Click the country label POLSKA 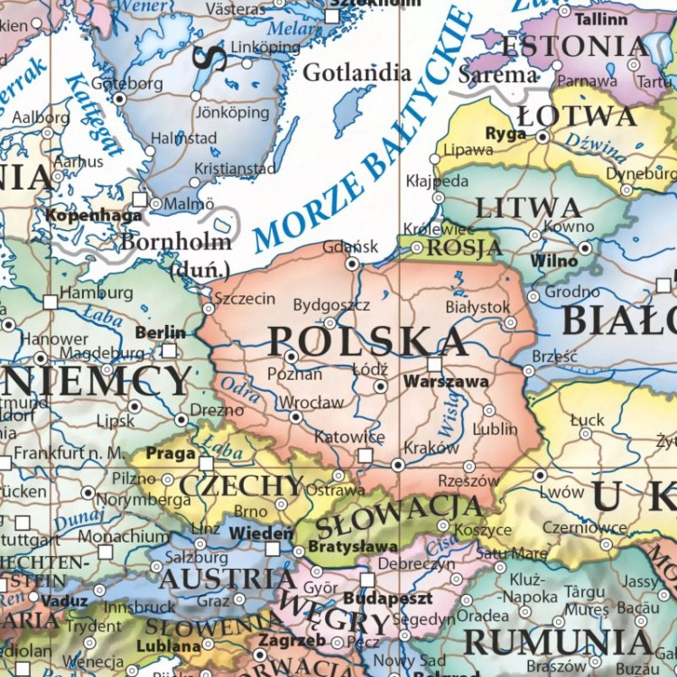click(x=368, y=341)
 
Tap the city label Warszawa click(x=446, y=382)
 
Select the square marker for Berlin click(x=169, y=350)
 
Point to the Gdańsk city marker click(x=352, y=264)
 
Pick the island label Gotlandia click(x=357, y=73)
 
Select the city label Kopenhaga click(x=93, y=216)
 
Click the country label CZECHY click(x=241, y=486)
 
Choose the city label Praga click(x=171, y=453)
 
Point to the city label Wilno click(x=554, y=260)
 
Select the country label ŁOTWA click(x=577, y=116)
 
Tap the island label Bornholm click(x=175, y=242)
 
